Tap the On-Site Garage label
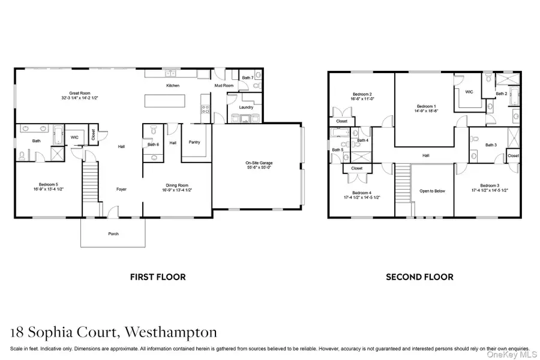click(259, 163)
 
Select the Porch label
click(113, 233)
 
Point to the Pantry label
click(194, 142)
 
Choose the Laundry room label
click(246, 107)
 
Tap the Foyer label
click(122, 189)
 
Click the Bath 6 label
click(154, 145)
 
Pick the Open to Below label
click(433, 191)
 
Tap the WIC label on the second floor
click(470, 92)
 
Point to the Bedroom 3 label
click(490, 185)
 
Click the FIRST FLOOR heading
click(158, 277)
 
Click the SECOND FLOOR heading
click(419, 277)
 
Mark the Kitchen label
click(173, 86)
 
